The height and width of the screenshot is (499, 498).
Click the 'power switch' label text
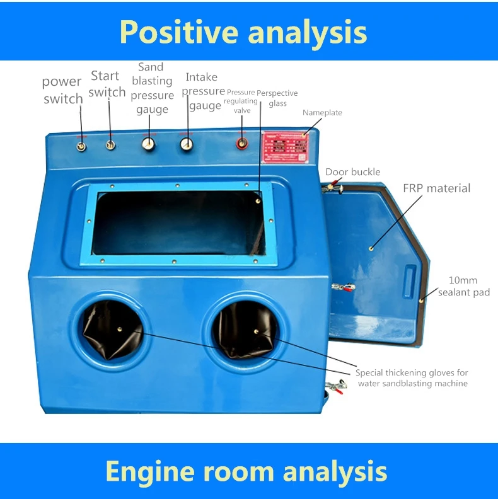click(62, 90)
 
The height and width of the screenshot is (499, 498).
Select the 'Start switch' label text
click(107, 84)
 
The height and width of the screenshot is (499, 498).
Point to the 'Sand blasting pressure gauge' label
click(152, 88)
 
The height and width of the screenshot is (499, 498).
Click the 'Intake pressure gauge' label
click(204, 91)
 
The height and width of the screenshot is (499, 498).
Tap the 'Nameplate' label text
click(322, 113)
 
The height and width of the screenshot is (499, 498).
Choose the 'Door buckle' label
click(352, 172)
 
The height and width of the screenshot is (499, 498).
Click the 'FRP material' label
click(436, 188)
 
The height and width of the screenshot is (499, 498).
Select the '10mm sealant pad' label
click(463, 287)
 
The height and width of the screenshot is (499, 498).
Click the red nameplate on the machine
click(286, 147)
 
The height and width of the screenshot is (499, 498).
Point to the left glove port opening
click(113, 328)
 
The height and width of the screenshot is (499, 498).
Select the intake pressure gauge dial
click(186, 144)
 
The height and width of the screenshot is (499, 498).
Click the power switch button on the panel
click(81, 146)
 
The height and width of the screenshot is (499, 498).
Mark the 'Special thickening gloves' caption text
click(412, 378)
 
